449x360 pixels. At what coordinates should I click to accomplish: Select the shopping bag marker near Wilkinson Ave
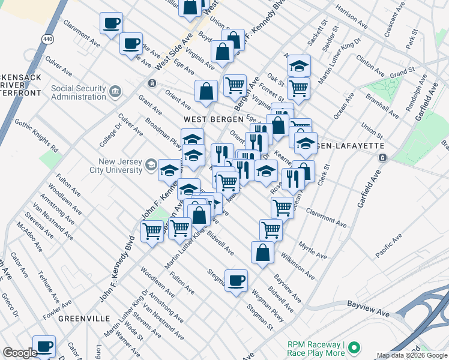click(x=262, y=253)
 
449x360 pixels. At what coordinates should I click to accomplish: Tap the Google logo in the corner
click(x=20, y=353)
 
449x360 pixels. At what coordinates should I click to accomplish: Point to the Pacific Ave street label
click(x=388, y=249)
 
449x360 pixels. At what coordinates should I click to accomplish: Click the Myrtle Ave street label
click(x=313, y=251)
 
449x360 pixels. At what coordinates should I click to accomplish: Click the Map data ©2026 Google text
click(x=412, y=355)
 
